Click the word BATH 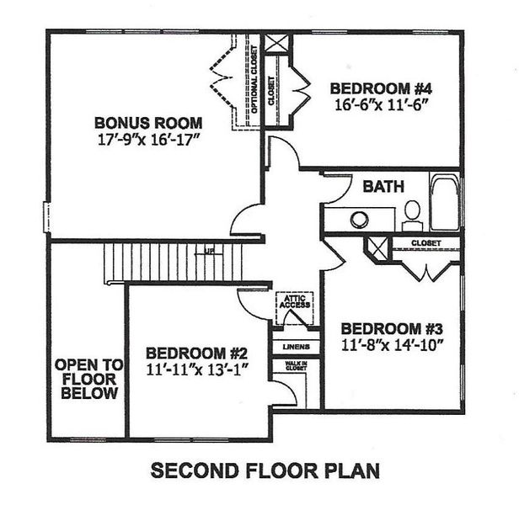[383, 187]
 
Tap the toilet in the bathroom [413, 215]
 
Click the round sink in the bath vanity [360, 220]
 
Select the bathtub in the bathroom [444, 203]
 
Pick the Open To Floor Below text [88, 380]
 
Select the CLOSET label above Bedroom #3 [427, 243]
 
